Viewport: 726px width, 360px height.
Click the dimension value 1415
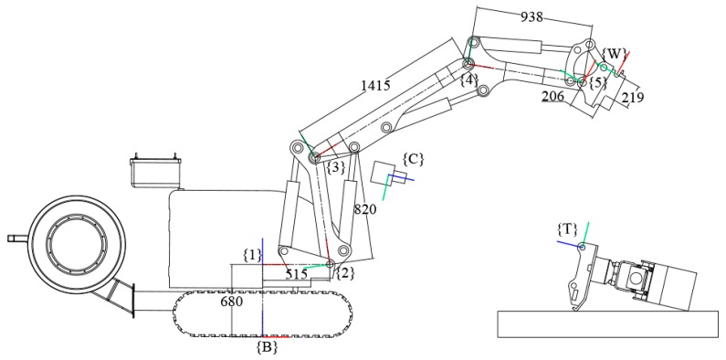(x=377, y=86)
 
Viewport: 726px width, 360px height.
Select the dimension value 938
(x=531, y=17)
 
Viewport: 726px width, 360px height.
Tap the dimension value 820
(x=365, y=210)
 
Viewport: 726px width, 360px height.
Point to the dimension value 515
(x=296, y=274)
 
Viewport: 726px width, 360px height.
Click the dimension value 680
(x=232, y=302)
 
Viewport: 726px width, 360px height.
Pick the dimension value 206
(x=552, y=96)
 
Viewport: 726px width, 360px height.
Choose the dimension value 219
(x=633, y=97)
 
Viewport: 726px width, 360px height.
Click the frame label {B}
(x=267, y=347)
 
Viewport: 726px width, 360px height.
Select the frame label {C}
(x=413, y=159)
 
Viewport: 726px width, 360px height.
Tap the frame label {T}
(x=567, y=228)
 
